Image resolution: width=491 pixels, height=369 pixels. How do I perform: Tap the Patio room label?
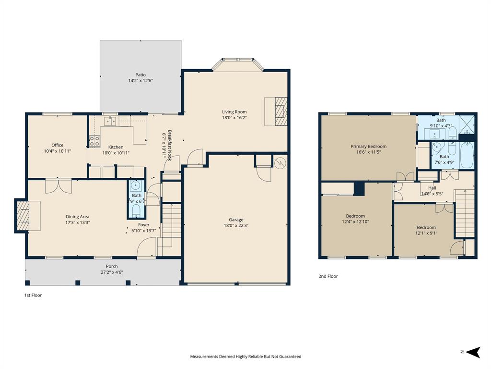140,74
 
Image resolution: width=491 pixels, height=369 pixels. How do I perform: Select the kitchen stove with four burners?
94,141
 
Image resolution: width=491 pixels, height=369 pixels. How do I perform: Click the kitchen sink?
111,121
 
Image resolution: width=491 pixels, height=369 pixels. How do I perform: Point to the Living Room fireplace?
276,111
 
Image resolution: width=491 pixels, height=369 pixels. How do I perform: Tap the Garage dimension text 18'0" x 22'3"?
236,225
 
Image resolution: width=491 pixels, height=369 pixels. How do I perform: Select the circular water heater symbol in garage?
280,163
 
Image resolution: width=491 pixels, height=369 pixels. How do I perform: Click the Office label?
58,145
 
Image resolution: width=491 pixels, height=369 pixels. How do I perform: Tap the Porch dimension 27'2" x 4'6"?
112,272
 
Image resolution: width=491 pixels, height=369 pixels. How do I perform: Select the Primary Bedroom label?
368,147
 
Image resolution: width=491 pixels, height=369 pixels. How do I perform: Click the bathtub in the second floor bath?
466,155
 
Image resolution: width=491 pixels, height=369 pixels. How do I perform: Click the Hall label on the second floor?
432,188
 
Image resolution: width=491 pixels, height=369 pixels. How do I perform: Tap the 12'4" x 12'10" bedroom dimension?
355,222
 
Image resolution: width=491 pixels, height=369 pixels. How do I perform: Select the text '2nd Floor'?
328,276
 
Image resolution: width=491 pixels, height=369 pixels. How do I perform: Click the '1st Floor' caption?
33,295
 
